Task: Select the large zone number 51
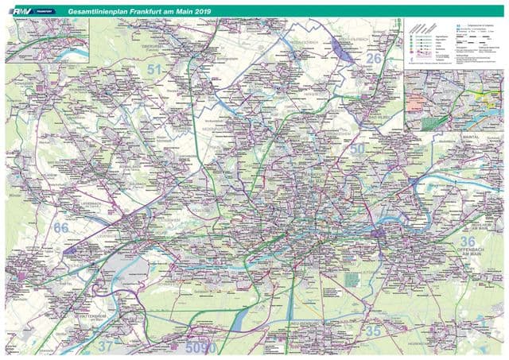[157, 72]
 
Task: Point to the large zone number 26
[374, 58]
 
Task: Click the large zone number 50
[357, 149]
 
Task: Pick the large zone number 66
[61, 227]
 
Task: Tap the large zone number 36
[468, 241]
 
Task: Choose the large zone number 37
[106, 346]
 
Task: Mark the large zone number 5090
[201, 347]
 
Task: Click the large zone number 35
[372, 331]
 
